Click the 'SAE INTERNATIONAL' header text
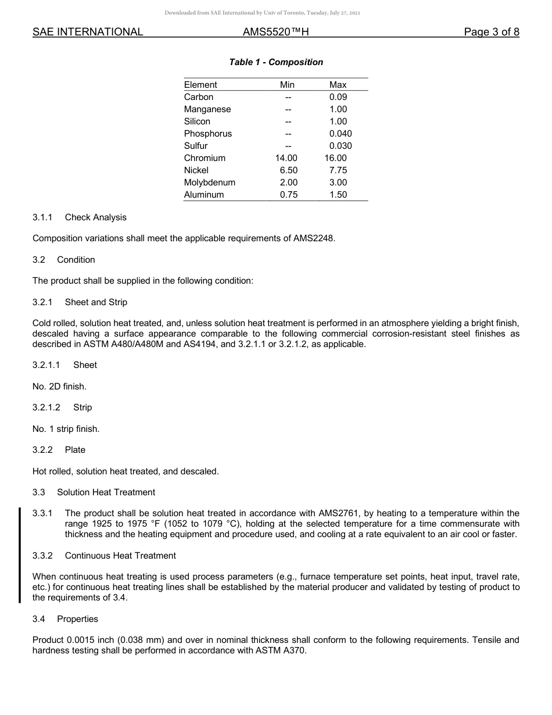click(88, 32)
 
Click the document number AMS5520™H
click(275, 32)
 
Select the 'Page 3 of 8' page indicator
click(492, 32)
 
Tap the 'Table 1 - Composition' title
click(276, 62)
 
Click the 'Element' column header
click(200, 85)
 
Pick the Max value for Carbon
click(338, 97)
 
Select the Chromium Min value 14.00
click(286, 158)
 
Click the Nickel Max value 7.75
click(338, 170)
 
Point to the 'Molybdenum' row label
click(210, 183)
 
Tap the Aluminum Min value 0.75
click(289, 195)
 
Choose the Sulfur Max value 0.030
click(340, 146)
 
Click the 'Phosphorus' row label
click(208, 134)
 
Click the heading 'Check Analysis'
click(95, 217)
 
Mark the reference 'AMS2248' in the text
click(317, 238)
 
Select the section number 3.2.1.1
click(47, 365)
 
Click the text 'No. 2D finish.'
click(59, 386)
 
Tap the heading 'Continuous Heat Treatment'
click(120, 556)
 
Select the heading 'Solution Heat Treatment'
click(106, 492)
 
